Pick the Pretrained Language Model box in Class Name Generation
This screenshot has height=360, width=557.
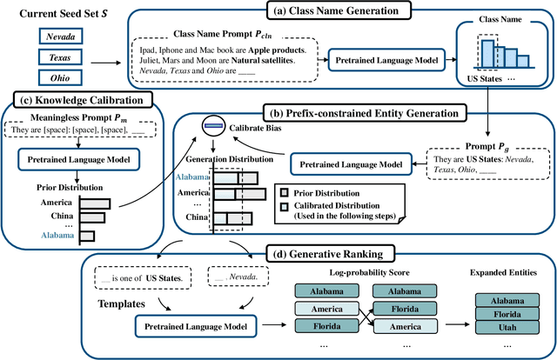coord(385,63)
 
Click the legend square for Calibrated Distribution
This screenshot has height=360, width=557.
coord(285,205)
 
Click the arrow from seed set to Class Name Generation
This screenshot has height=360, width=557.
coord(107,63)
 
